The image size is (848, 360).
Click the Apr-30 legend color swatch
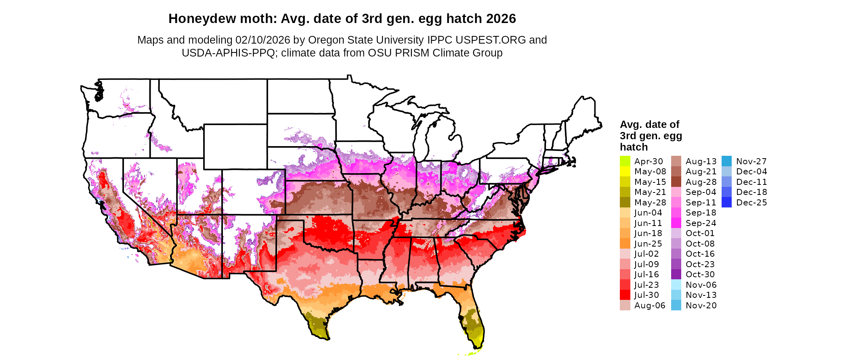625,161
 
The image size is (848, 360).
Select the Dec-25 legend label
751,203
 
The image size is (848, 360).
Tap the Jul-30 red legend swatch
625,295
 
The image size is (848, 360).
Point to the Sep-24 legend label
701,223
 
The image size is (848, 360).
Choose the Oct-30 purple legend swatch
676,274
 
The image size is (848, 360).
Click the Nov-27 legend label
751,161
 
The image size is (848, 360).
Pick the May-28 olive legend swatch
625,203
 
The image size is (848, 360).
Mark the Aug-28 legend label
701,182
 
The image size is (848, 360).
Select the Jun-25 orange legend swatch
625,244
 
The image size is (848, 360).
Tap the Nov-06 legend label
701,285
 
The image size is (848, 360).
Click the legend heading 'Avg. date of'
649,124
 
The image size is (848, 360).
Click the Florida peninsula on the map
472,323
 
